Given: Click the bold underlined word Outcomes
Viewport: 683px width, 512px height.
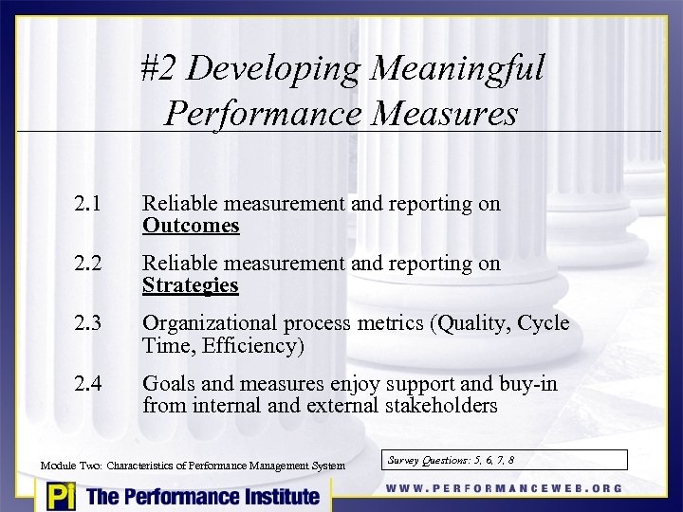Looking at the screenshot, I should pos(191,226).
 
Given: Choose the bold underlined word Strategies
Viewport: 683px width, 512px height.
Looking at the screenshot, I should pos(191,285).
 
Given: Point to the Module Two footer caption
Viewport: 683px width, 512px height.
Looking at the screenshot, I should pos(194,466).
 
